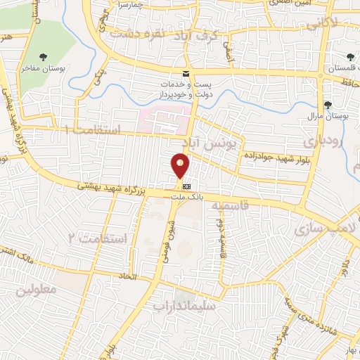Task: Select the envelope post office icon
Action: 186,74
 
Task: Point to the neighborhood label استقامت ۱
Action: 93,130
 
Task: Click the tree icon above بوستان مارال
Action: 328,105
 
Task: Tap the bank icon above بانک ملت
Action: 186,187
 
